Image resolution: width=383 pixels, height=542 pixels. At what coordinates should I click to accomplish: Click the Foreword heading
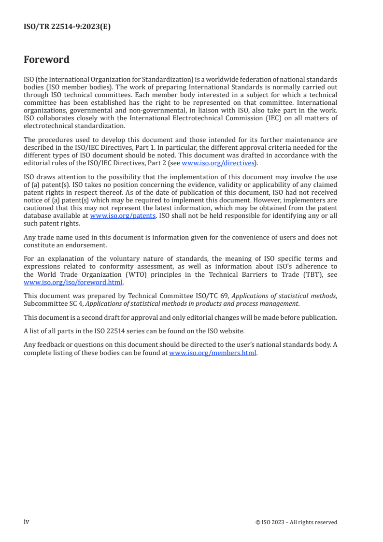[46, 60]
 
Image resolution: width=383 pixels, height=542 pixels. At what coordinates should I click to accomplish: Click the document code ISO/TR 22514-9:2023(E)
[67, 27]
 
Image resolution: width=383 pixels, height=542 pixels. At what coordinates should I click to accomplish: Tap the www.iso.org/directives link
[217, 163]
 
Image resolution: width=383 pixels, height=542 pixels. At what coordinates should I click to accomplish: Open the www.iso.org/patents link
[123, 216]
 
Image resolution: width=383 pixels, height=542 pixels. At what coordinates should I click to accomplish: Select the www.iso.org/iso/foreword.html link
[73, 283]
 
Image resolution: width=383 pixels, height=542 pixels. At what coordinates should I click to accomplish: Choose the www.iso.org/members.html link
[213, 353]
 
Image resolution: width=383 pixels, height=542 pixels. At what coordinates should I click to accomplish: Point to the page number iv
[27, 522]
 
